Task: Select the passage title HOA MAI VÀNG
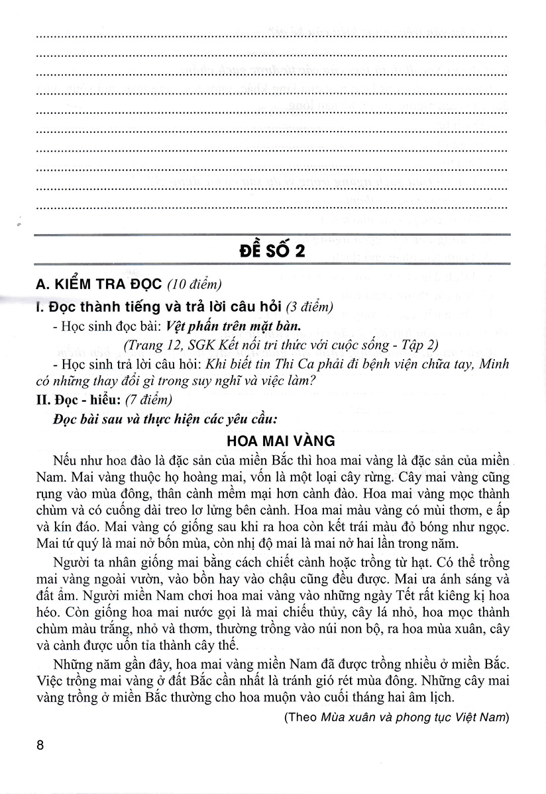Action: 273,440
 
